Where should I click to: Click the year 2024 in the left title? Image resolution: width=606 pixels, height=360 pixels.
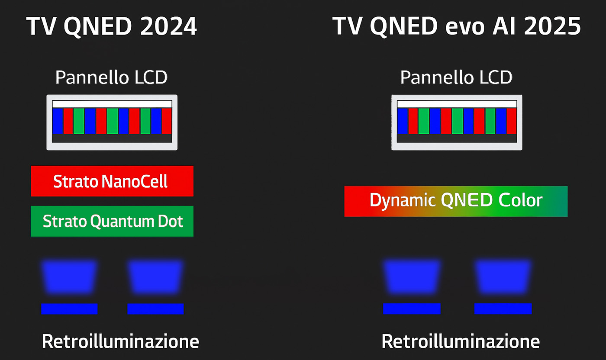click(168, 26)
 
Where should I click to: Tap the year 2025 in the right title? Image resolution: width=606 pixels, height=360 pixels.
click(552, 26)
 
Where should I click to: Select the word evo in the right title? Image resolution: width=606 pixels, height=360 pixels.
click(465, 28)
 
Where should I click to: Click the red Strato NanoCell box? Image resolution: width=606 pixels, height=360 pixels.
click(112, 181)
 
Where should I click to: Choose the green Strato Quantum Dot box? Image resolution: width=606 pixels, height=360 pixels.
click(112, 221)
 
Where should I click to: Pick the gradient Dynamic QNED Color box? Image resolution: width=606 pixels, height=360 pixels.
click(456, 201)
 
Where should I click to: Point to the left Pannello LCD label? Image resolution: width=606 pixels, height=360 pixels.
click(112, 77)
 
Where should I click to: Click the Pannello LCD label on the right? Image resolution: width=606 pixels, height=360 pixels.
click(456, 77)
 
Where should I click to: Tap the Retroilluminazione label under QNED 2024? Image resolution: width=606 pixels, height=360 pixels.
click(120, 341)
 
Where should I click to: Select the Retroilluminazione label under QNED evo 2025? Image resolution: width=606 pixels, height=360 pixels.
click(461, 341)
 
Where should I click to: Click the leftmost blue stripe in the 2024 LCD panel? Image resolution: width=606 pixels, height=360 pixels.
click(58, 121)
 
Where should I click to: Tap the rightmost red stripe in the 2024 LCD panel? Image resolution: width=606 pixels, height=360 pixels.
click(167, 121)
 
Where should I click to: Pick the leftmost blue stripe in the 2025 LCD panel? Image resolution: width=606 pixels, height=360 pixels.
click(403, 121)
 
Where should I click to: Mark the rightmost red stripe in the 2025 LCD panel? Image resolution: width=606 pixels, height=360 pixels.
click(512, 121)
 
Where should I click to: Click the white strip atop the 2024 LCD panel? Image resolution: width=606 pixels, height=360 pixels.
click(112, 104)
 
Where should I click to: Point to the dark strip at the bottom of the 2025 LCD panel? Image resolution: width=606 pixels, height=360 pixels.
click(457, 138)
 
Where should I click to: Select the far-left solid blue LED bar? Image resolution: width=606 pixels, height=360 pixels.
click(69, 309)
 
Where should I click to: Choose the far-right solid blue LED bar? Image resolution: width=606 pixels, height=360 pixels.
click(503, 309)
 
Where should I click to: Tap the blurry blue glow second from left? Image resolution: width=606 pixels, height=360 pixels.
click(155, 276)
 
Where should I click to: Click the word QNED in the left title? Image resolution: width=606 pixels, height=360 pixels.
click(98, 26)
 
